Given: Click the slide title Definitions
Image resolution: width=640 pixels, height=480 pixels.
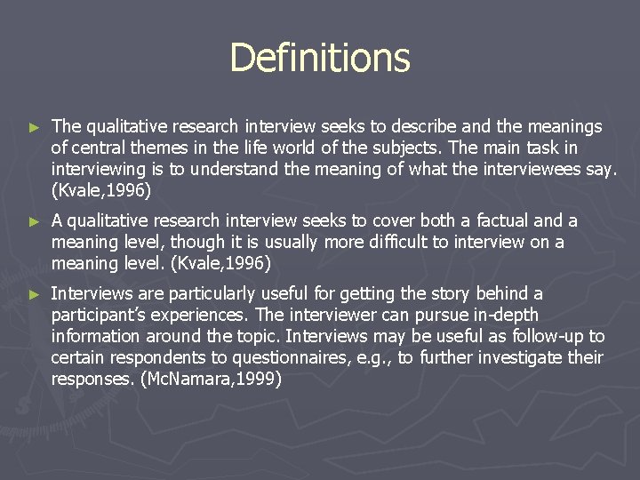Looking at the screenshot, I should click(320, 59).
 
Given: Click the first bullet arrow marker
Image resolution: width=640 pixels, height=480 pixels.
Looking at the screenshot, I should click(35, 128).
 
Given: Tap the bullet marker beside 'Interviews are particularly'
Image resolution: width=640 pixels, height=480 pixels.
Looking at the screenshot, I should click(35, 294).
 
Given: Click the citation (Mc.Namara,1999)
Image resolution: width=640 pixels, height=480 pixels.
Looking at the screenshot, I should click(212, 379).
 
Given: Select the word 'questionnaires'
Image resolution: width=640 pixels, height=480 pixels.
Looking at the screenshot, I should click(292, 358).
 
